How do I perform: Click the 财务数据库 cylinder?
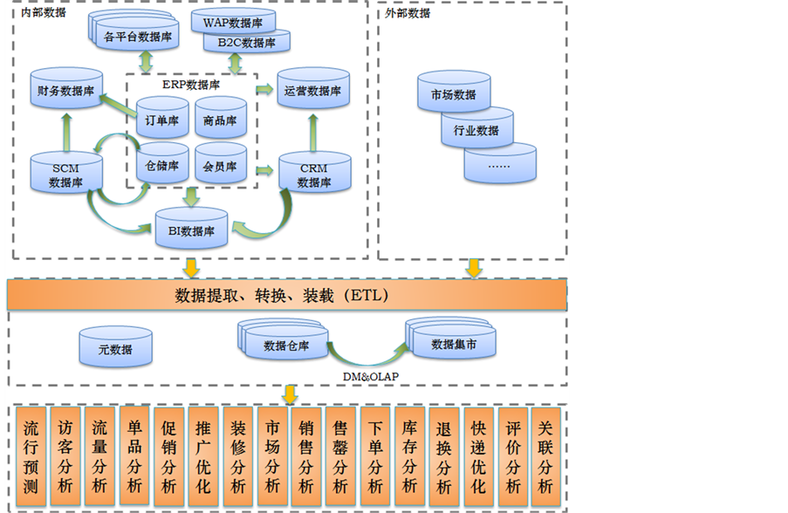(x=66, y=92)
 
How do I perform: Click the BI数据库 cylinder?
(x=191, y=230)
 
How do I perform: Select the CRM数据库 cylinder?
(x=313, y=174)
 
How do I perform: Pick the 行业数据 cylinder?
(x=476, y=130)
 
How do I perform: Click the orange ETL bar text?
(x=282, y=295)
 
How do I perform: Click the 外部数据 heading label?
(x=407, y=13)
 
